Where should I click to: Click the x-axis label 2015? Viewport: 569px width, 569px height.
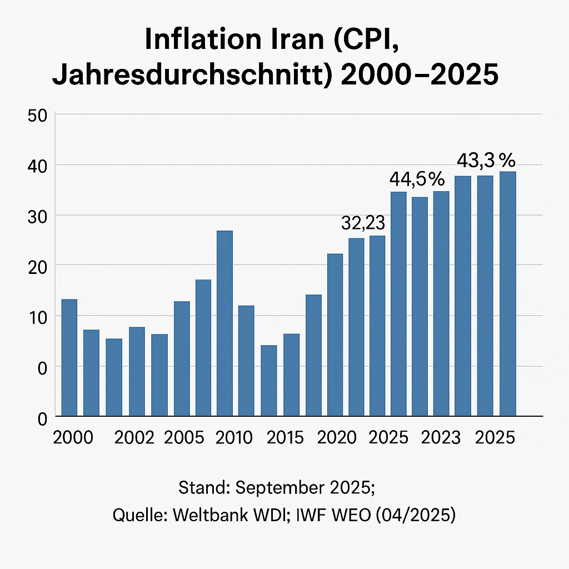click(285, 437)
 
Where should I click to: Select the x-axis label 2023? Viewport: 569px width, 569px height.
click(441, 437)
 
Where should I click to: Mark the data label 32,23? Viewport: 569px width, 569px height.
click(362, 223)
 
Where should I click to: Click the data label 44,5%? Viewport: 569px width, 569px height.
click(417, 179)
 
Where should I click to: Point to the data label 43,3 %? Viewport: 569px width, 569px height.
click(486, 161)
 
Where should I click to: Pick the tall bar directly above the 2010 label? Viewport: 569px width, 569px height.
click(224, 323)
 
